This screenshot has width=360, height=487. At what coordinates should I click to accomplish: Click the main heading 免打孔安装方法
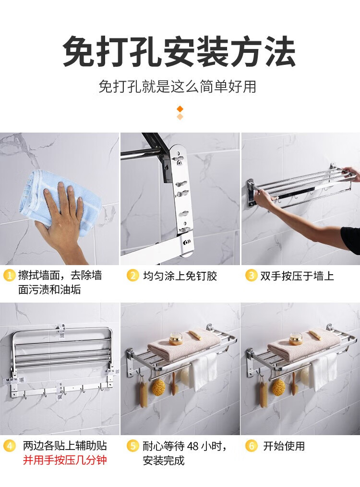coord(179,51)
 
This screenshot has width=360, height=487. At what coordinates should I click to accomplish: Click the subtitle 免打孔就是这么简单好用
coord(177,86)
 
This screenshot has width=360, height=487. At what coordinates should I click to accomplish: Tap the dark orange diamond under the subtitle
coord(180,109)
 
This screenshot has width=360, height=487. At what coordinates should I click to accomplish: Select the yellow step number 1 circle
coord(9,276)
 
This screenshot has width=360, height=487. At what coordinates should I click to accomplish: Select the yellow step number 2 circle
coord(133,276)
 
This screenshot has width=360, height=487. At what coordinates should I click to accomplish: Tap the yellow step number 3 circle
coord(251,276)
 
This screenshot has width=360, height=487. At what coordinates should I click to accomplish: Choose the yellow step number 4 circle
coord(10,446)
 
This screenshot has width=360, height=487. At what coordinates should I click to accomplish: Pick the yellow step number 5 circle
coord(133,446)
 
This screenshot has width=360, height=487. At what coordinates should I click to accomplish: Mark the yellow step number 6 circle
coord(251,446)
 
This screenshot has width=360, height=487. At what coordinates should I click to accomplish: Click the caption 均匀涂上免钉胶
coord(180,276)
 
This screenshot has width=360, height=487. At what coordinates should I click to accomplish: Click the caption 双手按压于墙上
coord(297,276)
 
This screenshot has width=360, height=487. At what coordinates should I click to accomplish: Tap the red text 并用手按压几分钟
coord(65,460)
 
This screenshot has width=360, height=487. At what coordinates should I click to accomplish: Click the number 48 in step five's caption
coord(193,446)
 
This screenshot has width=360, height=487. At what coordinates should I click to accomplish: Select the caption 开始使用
coord(284,446)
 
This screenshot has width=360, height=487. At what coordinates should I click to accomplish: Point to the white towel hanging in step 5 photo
coord(203,371)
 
